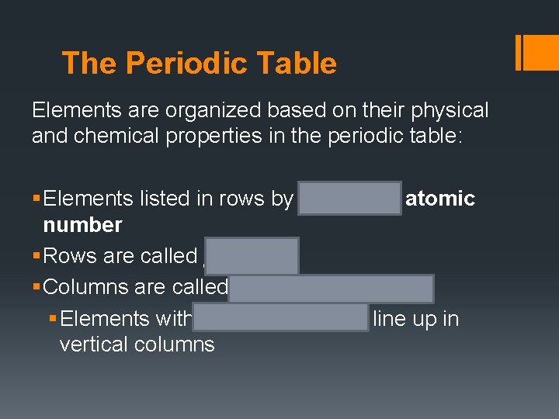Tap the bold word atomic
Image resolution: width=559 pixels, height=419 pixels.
[x=440, y=199]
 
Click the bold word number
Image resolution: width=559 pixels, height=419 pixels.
[x=83, y=225]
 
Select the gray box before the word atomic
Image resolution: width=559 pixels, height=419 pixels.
[x=349, y=199]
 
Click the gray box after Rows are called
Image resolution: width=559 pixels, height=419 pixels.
[x=252, y=255]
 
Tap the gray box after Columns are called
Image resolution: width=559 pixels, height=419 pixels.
[x=332, y=288]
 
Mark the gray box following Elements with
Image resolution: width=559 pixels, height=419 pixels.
[x=281, y=318]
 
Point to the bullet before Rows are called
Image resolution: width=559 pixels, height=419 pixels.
[x=36, y=256]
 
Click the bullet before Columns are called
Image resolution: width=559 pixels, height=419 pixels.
[x=36, y=288]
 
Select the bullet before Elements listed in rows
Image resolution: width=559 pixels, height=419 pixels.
[x=36, y=199]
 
